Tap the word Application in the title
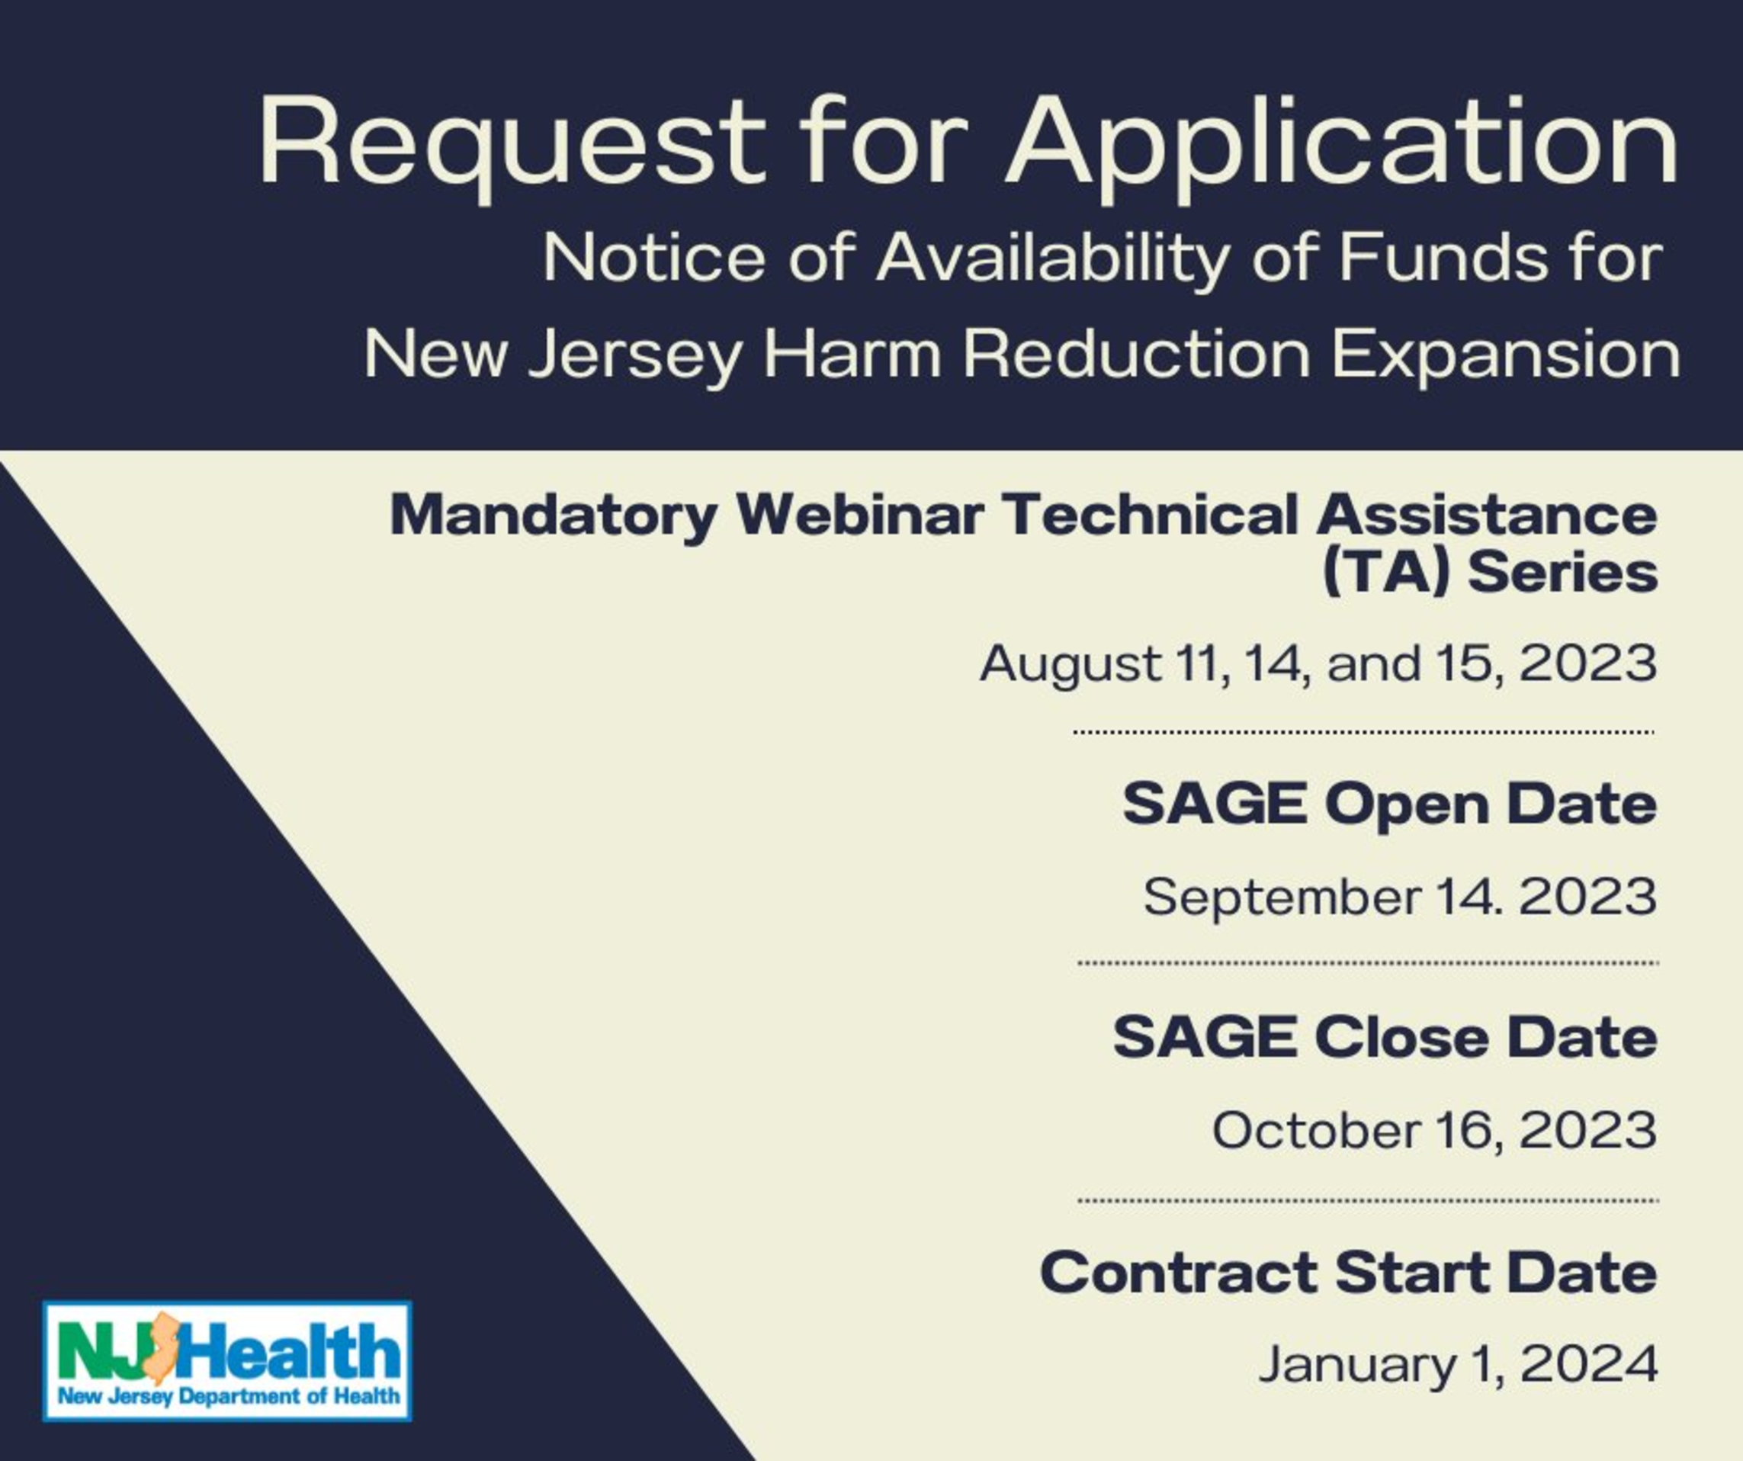click(x=1342, y=148)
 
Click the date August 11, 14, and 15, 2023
click(x=1318, y=664)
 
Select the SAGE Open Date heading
click(x=1389, y=804)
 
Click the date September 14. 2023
click(x=1399, y=897)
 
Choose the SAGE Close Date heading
click(x=1385, y=1038)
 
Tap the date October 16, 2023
click(x=1434, y=1131)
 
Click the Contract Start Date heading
click(x=1348, y=1273)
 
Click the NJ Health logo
click(x=226, y=1361)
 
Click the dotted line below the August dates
click(x=1364, y=732)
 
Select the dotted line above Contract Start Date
click(x=1368, y=1200)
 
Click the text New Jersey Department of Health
click(x=228, y=1396)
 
